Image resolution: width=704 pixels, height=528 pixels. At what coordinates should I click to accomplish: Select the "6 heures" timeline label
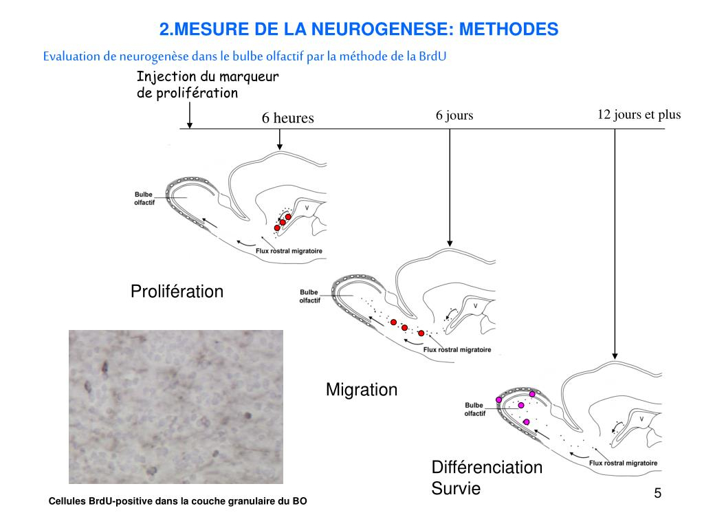click(287, 118)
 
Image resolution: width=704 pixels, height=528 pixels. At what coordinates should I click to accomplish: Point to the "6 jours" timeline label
click(454, 115)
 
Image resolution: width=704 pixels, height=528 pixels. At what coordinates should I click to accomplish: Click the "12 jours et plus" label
click(639, 114)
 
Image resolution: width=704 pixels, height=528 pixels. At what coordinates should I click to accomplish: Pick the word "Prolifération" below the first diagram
click(177, 291)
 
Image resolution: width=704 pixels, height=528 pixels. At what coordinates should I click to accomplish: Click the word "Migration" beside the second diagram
click(362, 390)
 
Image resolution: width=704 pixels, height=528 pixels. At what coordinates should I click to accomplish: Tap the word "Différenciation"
click(487, 467)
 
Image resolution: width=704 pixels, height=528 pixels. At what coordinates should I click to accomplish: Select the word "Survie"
click(456, 489)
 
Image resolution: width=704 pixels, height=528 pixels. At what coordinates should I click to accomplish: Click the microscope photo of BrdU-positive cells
click(176, 406)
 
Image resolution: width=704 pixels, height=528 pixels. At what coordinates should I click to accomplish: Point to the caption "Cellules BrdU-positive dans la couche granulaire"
click(177, 502)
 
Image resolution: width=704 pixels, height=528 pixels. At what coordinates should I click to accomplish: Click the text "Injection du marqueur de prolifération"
click(207, 85)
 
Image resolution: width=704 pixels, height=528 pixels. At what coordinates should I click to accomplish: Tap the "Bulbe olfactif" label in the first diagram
click(144, 198)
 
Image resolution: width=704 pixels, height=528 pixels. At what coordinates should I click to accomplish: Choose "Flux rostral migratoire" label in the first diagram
click(289, 251)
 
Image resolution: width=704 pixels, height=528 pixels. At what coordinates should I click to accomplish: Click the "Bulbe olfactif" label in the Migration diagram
click(309, 296)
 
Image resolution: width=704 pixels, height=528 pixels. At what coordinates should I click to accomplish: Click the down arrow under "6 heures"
click(280, 140)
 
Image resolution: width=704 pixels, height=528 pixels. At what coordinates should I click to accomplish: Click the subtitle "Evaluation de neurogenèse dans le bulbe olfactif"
click(244, 56)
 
